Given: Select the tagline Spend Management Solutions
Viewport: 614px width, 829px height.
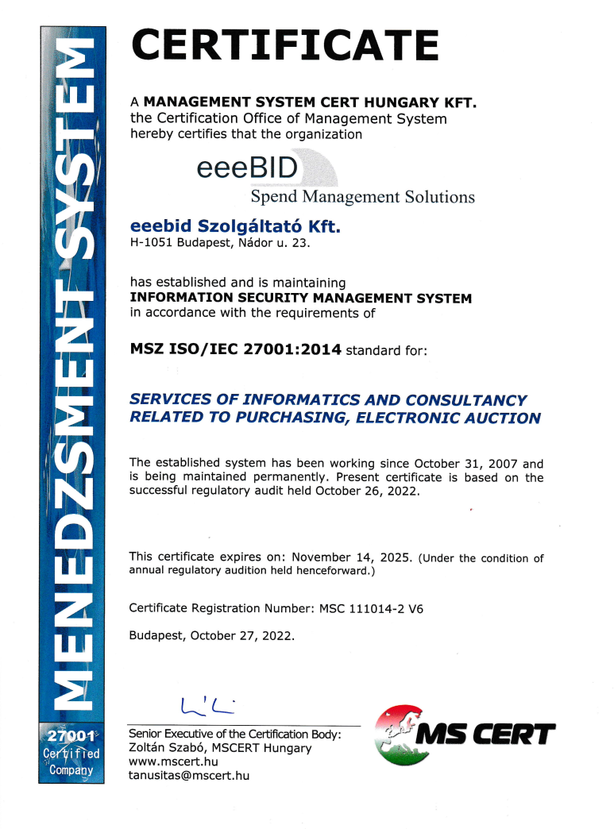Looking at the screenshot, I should [x=362, y=196].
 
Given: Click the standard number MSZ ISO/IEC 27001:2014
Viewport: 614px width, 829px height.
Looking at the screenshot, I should [x=235, y=349].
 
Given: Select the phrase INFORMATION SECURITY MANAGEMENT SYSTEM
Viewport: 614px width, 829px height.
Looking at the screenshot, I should [x=300, y=299].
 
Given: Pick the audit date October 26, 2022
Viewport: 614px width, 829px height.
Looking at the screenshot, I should [x=366, y=492].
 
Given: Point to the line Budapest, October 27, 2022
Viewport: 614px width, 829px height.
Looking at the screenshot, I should [x=212, y=636].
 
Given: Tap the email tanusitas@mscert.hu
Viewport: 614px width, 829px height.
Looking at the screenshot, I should [x=189, y=776].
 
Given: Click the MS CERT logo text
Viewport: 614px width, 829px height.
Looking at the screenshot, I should [x=486, y=735].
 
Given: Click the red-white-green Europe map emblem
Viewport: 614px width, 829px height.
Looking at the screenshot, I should [x=404, y=735].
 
